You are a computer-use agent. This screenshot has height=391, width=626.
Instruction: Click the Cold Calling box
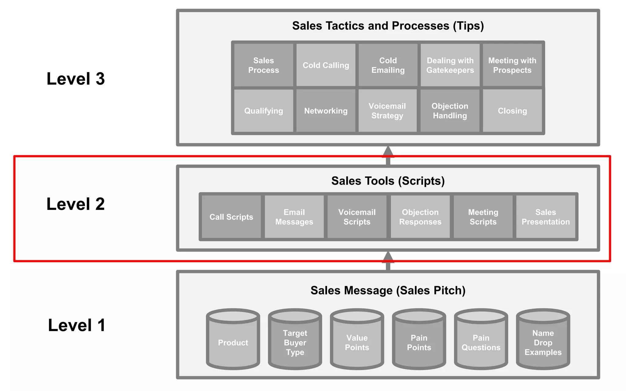coord(326,65)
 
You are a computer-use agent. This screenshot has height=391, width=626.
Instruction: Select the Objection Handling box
coord(450,111)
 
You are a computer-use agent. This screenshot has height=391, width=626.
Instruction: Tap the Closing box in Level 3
coord(512,111)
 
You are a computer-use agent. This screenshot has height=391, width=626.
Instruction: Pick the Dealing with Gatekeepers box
coord(450,65)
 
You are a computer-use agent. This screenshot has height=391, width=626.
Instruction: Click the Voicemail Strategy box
coord(387,111)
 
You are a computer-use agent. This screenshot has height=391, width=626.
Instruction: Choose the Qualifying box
coord(263,111)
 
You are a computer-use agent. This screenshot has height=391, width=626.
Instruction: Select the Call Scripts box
coord(231,217)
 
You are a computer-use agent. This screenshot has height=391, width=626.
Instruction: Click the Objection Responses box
coord(420,217)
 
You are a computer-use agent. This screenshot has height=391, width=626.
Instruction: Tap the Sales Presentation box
coord(546,217)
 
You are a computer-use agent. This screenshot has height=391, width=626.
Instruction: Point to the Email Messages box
coord(294,217)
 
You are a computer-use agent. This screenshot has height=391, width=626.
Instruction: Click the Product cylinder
coord(233,342)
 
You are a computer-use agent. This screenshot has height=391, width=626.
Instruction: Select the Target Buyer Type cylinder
coord(295,342)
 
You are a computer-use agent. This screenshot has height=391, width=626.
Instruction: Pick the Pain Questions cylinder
coord(481,342)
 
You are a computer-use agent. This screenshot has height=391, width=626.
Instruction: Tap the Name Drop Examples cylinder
coord(543,342)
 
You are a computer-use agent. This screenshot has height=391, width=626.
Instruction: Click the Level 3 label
coord(75,79)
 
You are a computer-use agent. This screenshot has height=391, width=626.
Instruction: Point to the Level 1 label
coord(77,325)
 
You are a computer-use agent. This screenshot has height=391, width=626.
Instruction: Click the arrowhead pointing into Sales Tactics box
coord(388,152)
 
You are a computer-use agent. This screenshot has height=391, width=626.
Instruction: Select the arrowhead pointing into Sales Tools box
coord(388,257)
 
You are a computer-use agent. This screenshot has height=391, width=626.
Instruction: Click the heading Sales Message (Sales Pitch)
coord(388,290)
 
